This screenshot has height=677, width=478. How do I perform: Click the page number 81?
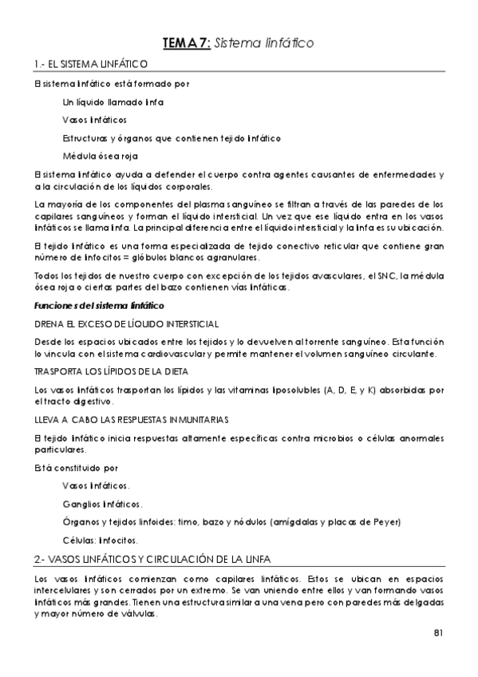click(438, 633)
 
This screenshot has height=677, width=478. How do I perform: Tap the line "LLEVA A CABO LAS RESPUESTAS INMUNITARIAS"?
click(132, 419)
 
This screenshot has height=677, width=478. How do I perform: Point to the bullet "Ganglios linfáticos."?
click(102, 504)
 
